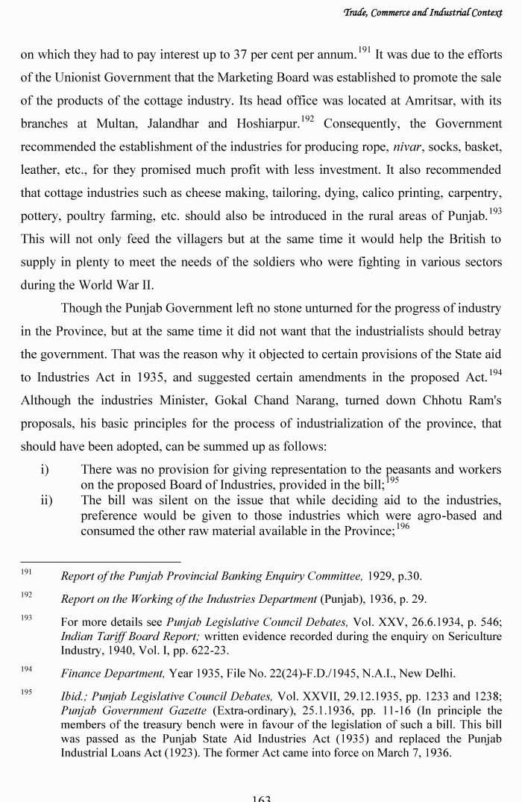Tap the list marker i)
45,469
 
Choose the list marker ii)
47,500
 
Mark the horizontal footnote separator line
100,562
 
